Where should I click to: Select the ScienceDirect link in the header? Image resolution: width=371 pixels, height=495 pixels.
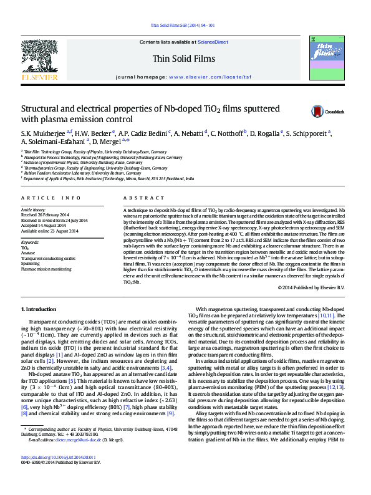[213, 42]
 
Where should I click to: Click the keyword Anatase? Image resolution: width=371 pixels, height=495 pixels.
[29, 252]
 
